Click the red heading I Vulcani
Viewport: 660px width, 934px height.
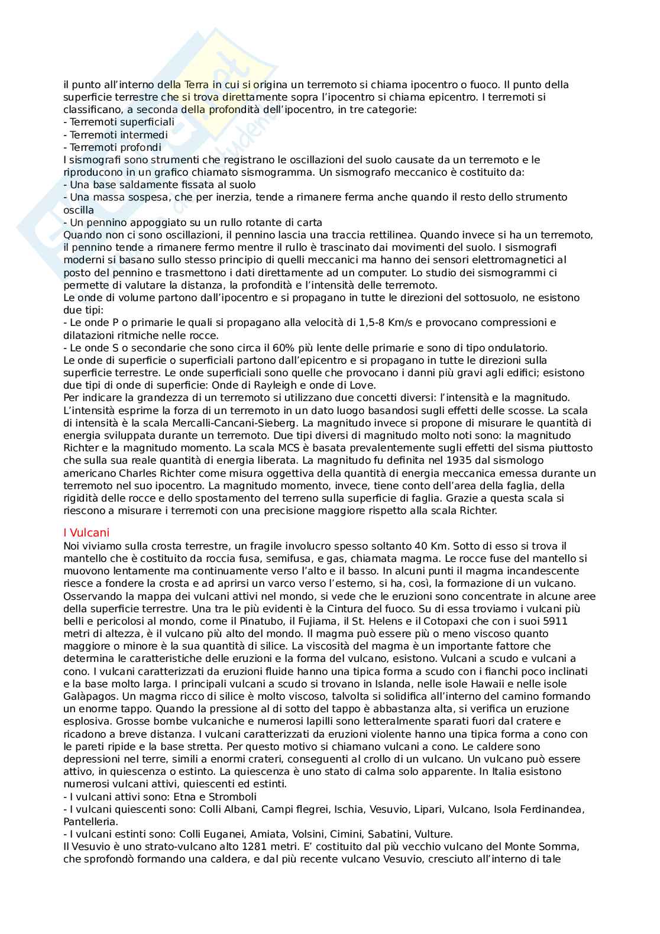[x=86, y=532]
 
